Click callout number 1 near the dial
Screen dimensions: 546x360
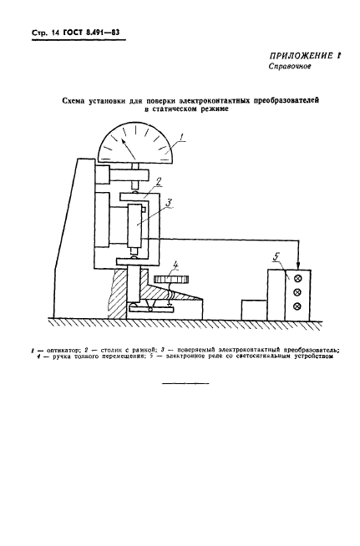[x=191, y=137]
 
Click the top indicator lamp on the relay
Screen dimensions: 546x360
[x=297, y=277]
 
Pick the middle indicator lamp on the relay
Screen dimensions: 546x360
[x=297, y=292]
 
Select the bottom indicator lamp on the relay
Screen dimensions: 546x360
[x=297, y=307]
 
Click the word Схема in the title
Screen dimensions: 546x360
[x=80, y=99]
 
